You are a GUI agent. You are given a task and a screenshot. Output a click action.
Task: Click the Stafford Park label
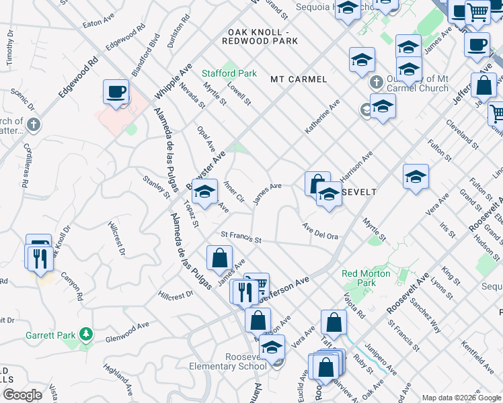(229, 73)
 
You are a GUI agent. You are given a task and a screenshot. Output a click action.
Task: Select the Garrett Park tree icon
(85, 334)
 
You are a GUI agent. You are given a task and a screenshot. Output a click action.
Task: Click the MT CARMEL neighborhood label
(299, 79)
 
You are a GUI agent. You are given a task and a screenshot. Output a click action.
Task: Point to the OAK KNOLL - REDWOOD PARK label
(262, 36)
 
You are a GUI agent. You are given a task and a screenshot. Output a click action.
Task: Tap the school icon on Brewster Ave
(204, 192)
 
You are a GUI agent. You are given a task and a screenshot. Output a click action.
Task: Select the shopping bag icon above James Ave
(219, 257)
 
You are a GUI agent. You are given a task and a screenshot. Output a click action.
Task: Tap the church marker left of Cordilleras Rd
(34, 125)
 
